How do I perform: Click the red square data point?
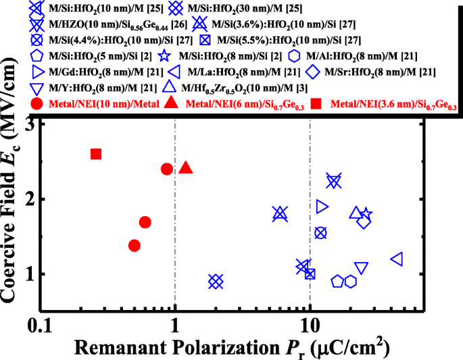coord(96,154)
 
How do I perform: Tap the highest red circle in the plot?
coord(167,169)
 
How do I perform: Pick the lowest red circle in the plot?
coord(135,245)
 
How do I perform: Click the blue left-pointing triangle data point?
coord(397,259)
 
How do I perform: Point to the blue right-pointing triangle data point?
coord(322,207)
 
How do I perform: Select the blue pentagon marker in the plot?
coord(337,281)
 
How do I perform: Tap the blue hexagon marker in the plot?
coord(351,281)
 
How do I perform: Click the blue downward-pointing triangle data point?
coord(362,268)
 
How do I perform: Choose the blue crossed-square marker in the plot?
coord(310,274)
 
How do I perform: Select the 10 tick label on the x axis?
coord(310,326)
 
